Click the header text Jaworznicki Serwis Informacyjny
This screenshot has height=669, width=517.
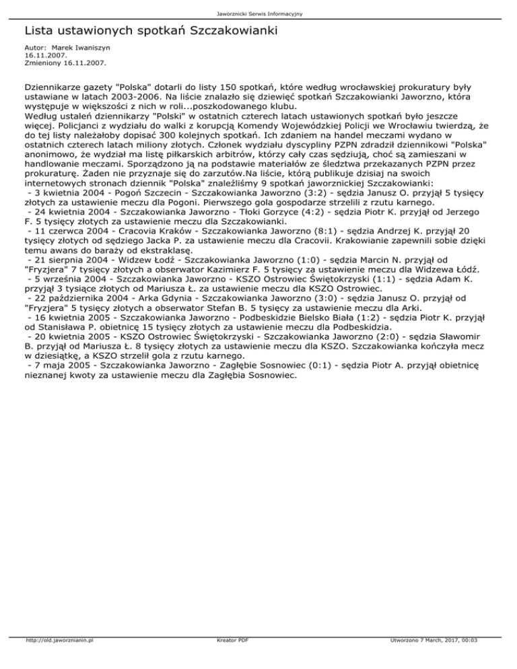(x=258, y=13)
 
